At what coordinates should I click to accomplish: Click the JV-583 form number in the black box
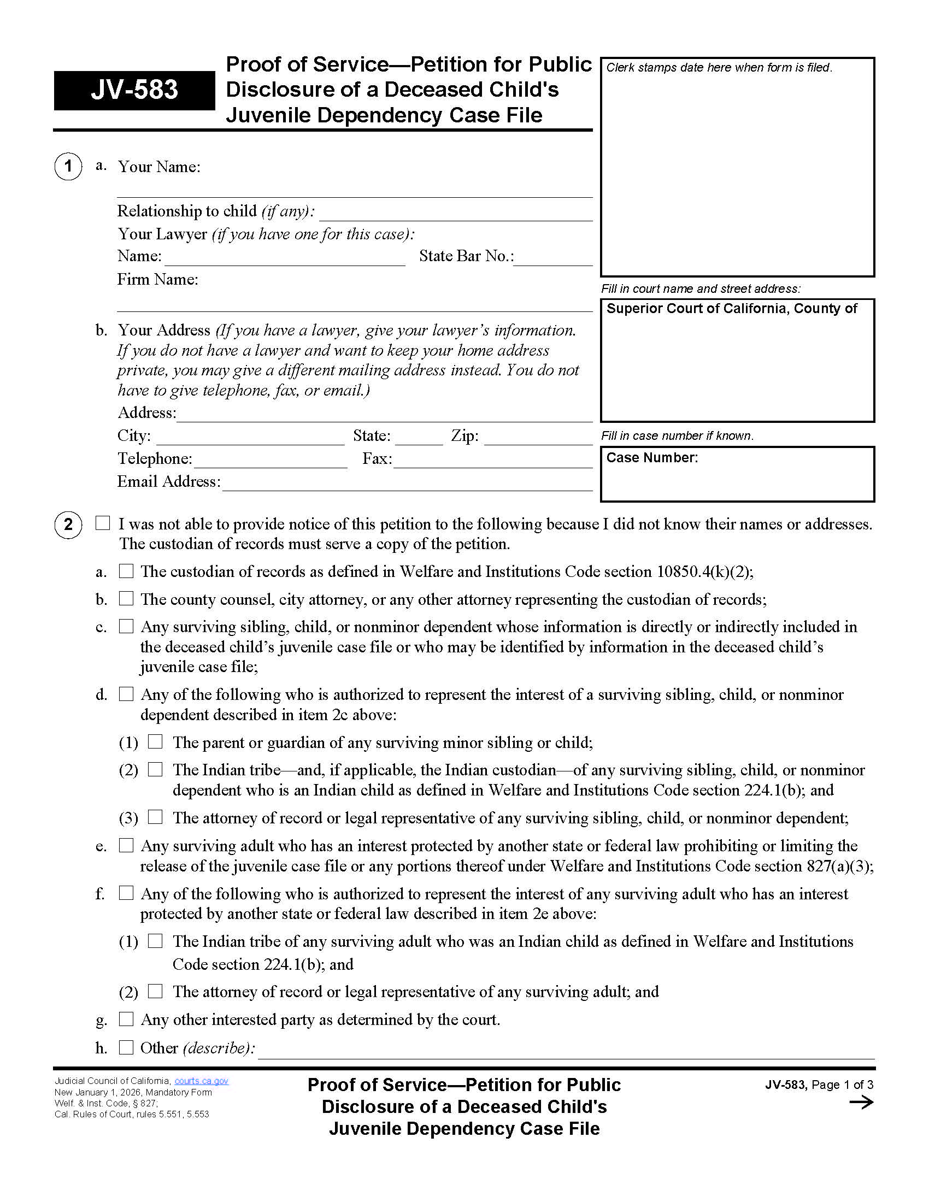[x=134, y=90]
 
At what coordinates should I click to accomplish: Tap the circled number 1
[x=68, y=166]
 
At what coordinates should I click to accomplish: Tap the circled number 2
[x=68, y=525]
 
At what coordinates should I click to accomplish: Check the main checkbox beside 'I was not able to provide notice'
[x=103, y=523]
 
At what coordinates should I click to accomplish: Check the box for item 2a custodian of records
[x=127, y=571]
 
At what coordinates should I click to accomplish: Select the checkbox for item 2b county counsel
[x=127, y=599]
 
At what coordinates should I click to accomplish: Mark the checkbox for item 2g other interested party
[x=127, y=1020]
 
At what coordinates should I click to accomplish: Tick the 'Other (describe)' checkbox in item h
[x=127, y=1047]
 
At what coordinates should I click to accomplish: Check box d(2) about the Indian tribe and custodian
[x=156, y=769]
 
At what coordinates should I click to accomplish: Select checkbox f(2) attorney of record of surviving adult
[x=156, y=991]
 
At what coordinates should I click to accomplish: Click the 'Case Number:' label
[x=652, y=458]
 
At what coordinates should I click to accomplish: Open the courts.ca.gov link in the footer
[x=202, y=1081]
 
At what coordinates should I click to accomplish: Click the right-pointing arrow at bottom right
[x=861, y=1103]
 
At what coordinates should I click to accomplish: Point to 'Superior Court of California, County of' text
[x=731, y=309]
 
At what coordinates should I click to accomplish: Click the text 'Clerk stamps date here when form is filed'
[x=719, y=68]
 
